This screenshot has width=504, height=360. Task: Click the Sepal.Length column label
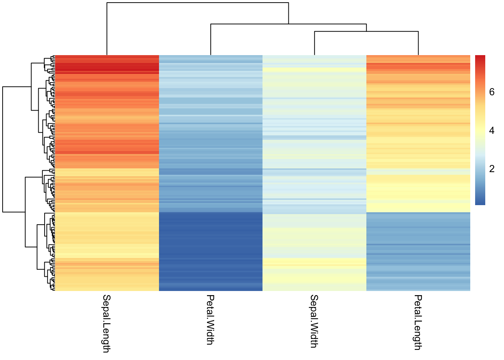tap(106, 323)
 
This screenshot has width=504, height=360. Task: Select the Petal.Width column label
tap(210, 319)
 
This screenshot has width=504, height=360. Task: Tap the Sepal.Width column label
tap(314, 321)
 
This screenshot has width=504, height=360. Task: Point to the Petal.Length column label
tap(418, 322)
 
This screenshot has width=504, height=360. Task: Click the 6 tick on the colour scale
tap(492, 92)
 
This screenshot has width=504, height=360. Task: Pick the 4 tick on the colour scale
tap(492, 130)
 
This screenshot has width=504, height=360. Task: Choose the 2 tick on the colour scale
tap(492, 169)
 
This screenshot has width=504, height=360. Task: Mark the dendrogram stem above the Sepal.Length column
tap(107, 30)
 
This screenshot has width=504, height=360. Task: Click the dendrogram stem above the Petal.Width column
tap(211, 40)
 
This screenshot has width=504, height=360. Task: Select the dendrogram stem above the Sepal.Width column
tap(315, 43)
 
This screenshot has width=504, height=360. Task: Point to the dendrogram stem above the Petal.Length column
tap(418, 43)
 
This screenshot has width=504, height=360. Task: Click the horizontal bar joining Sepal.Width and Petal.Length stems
tap(366, 31)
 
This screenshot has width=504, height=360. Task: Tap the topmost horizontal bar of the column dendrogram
tap(198, 3)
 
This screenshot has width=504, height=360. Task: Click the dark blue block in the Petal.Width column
tap(211, 251)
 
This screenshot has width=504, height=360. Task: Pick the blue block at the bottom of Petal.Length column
tap(418, 251)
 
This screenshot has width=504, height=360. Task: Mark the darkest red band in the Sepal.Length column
tap(107, 69)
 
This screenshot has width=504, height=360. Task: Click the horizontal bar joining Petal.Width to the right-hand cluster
tap(288, 24)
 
